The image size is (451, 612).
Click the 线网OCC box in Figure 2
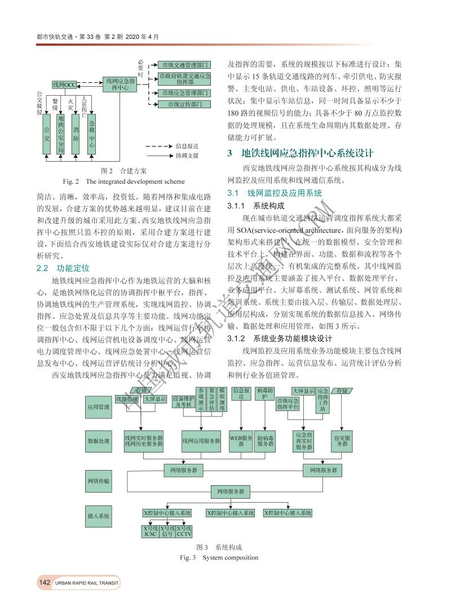(x=64, y=85)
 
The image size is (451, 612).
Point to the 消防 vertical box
(x=76, y=134)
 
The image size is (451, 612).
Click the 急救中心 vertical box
(x=92, y=134)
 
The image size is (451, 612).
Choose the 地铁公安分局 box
(x=61, y=134)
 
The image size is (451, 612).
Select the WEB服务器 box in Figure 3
(x=241, y=441)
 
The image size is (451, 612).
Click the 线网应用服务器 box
(x=201, y=441)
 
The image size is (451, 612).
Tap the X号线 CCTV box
(x=184, y=531)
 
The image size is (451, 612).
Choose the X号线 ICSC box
(x=151, y=531)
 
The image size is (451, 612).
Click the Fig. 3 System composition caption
(x=219, y=558)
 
